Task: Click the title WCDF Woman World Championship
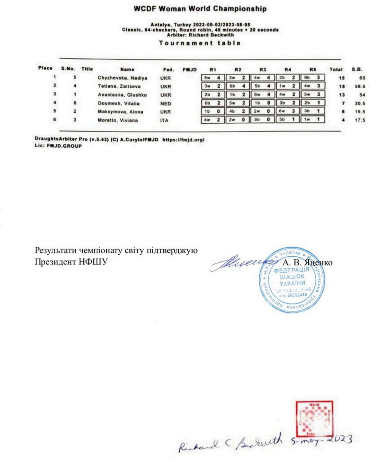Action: (x=200, y=9)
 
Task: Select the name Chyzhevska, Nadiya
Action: (x=123, y=78)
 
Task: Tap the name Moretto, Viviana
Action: (x=118, y=120)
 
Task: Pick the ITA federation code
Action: (x=164, y=120)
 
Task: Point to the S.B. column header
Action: (x=357, y=69)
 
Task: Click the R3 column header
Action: (x=263, y=70)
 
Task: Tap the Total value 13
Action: (x=342, y=95)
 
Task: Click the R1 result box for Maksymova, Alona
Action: (x=213, y=111)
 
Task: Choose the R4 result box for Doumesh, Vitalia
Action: (x=288, y=103)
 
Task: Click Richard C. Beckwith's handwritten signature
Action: (x=230, y=443)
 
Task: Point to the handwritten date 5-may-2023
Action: (x=321, y=440)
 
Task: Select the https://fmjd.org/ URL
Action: (x=183, y=140)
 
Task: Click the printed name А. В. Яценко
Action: (x=307, y=263)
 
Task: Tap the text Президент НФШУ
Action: (x=71, y=262)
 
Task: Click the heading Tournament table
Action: (x=200, y=43)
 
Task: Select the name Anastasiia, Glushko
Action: (x=122, y=95)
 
